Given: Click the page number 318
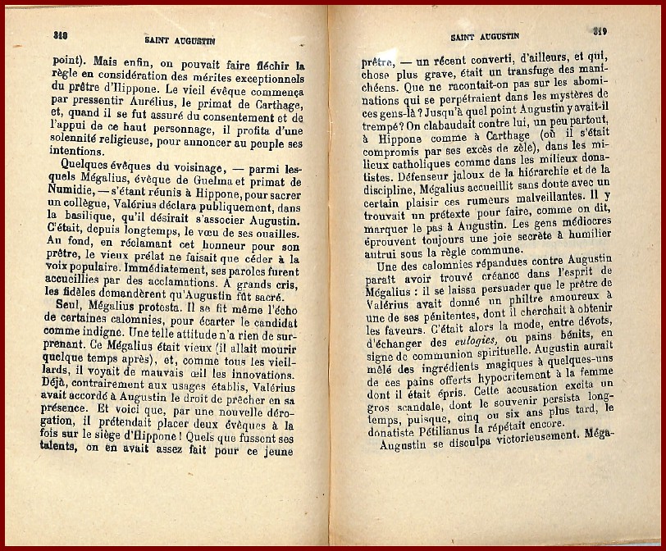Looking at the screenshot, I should click(59, 35).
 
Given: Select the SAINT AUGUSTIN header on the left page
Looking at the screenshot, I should click(176, 39).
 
